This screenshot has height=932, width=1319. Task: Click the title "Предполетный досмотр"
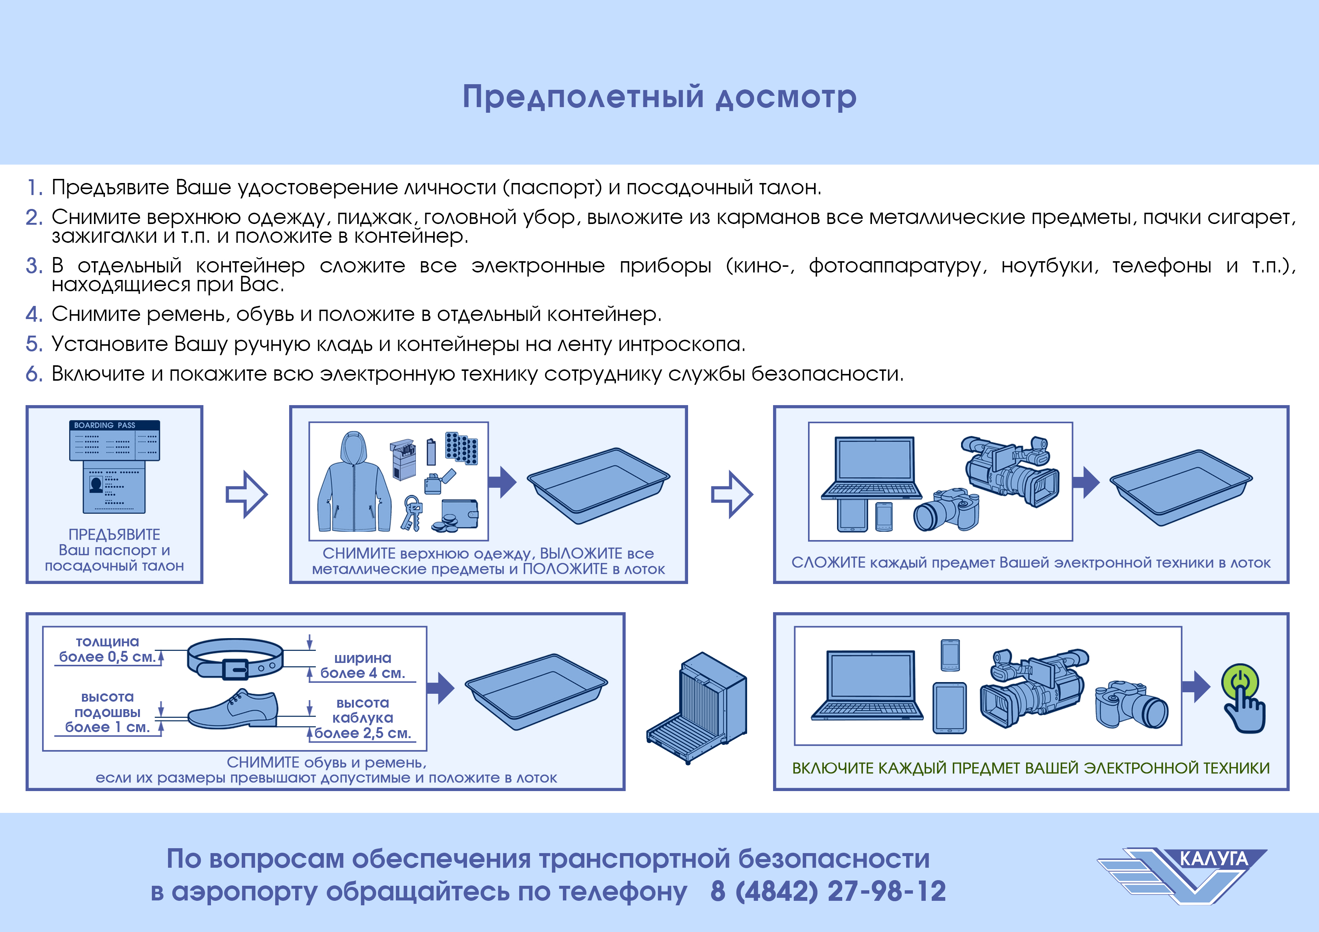(659, 97)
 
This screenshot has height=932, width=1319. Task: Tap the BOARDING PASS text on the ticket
(105, 425)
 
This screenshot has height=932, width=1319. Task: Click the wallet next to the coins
(459, 514)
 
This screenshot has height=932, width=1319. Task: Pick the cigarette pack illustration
(403, 459)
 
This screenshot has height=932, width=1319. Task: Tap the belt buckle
(235, 669)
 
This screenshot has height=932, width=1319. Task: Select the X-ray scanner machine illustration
(697, 708)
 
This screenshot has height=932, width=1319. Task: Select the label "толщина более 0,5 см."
(108, 649)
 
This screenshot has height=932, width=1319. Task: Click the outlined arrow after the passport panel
(246, 495)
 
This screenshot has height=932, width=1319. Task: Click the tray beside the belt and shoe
(536, 691)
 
